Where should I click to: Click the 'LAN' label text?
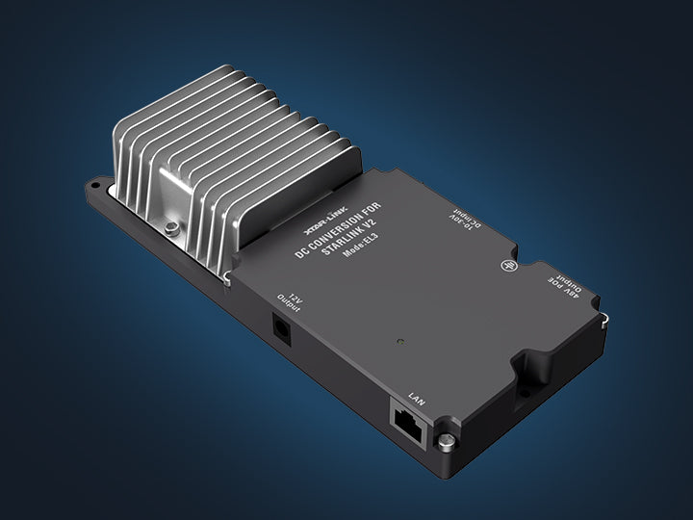(416, 395)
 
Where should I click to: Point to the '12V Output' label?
(288, 294)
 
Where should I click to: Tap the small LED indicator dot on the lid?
(398, 341)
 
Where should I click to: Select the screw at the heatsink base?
(170, 228)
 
